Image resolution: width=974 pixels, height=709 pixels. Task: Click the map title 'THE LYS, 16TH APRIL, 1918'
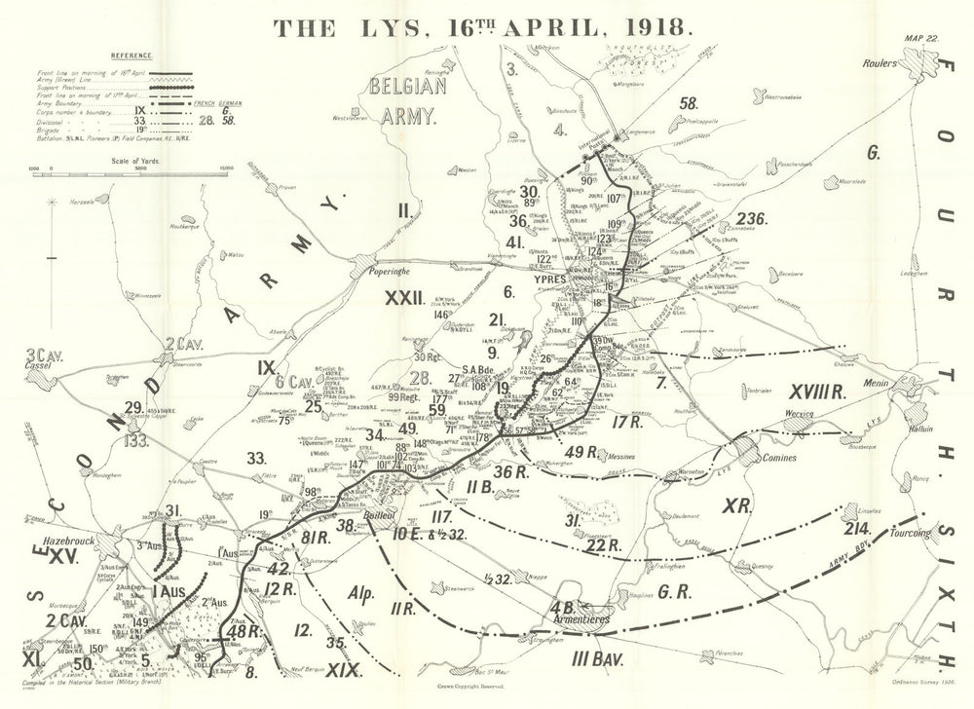point(484,27)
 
